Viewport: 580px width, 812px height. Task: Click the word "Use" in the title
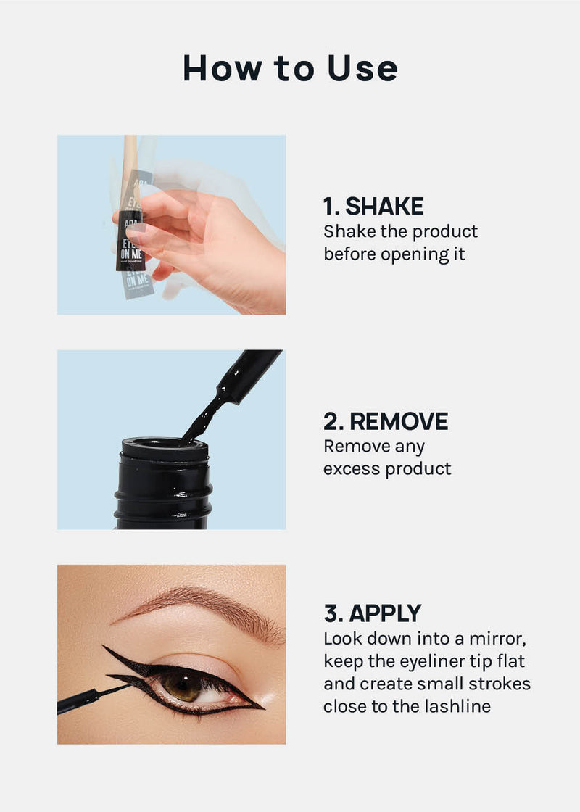pos(362,68)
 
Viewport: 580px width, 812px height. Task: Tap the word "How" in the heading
pos(223,68)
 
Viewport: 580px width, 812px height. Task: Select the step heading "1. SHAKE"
pos(373,206)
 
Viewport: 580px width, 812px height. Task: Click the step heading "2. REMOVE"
pos(386,421)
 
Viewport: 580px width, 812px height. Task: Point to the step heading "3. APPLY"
pos(373,613)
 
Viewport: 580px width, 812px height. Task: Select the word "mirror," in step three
pos(497,639)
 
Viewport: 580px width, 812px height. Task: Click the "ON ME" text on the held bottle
pos(131,254)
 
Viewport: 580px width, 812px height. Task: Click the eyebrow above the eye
pos(202,608)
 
